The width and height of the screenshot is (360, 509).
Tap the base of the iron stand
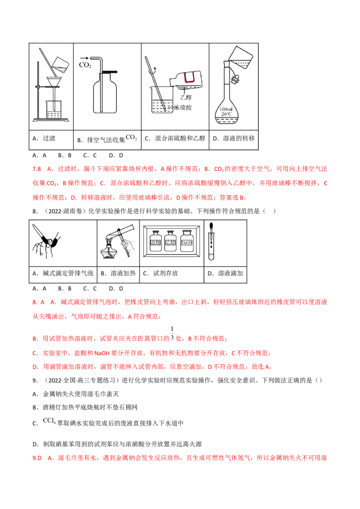tap(51, 119)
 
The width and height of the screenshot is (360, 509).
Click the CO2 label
tap(85, 66)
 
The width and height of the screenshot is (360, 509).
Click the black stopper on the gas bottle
tap(109, 72)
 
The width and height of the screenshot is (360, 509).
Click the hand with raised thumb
tap(49, 248)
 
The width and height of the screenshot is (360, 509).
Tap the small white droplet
tap(109, 242)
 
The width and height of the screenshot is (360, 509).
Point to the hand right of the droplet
tap(129, 246)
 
